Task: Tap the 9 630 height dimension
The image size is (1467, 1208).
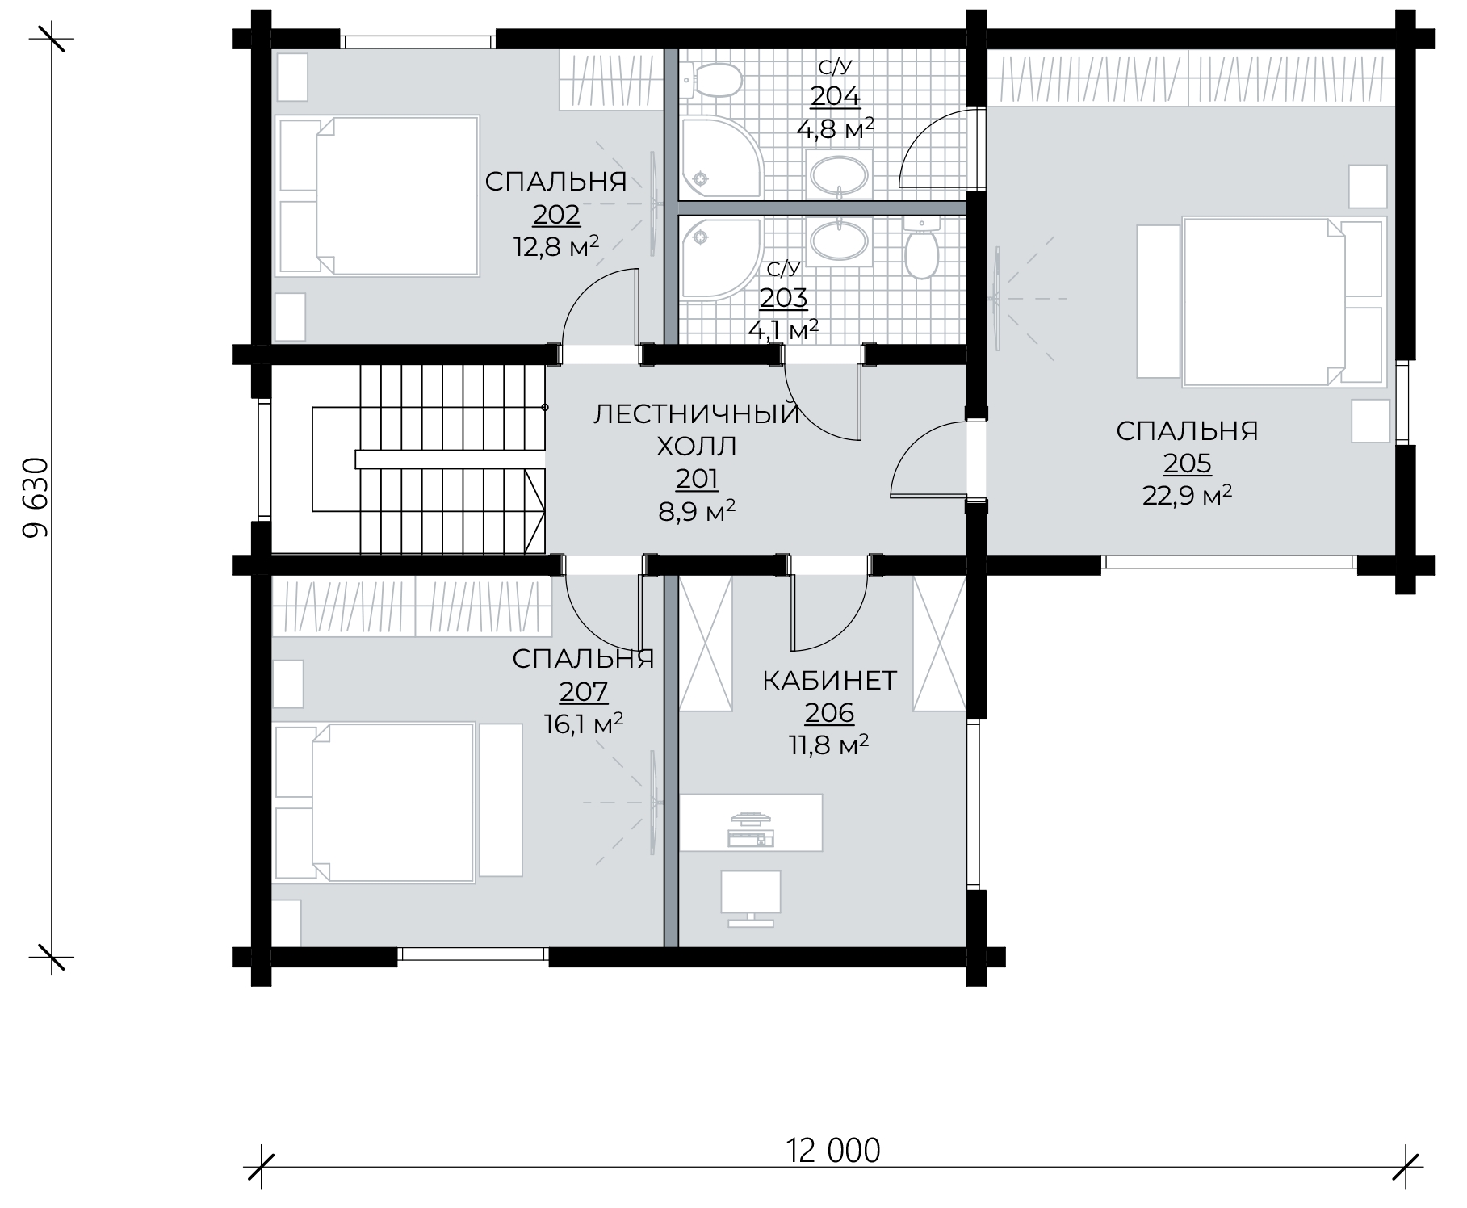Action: [x=37, y=497]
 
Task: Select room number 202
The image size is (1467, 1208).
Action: [x=556, y=215]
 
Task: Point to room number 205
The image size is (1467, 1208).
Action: [x=1187, y=463]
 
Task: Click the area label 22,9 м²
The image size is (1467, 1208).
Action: [x=1187, y=495]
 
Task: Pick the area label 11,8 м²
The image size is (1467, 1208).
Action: [x=828, y=744]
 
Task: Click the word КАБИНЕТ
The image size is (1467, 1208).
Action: [x=829, y=681]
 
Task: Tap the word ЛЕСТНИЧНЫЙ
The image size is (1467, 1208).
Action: [x=697, y=415]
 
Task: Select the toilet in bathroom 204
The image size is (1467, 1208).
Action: [x=711, y=81]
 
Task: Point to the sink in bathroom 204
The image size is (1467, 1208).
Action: [x=840, y=174]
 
